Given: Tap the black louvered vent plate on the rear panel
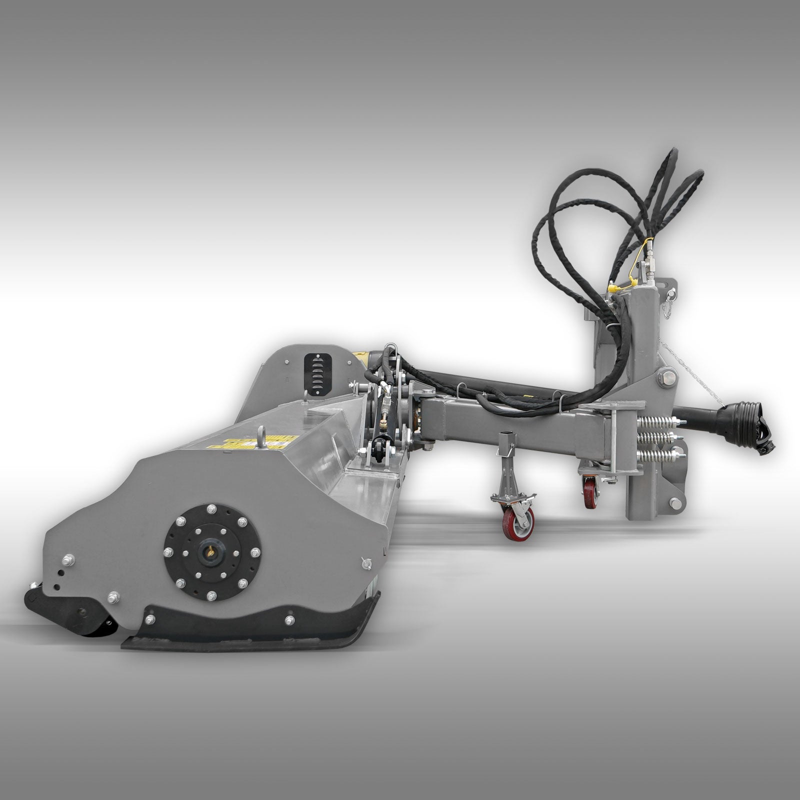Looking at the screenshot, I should (x=315, y=368).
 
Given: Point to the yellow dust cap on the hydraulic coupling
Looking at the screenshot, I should (x=612, y=287).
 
